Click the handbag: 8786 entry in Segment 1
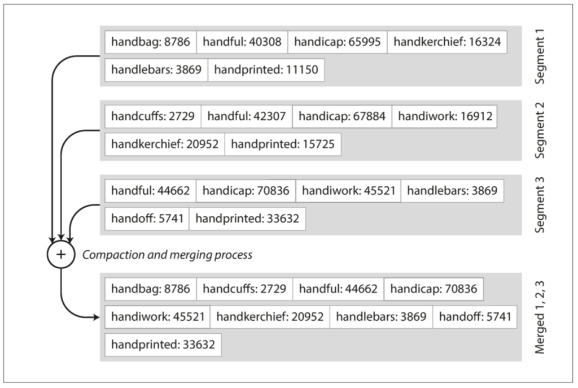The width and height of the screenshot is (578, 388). tap(150, 42)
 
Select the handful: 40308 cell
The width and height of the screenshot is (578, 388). tap(242, 42)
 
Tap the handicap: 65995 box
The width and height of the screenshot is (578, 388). tap(338, 42)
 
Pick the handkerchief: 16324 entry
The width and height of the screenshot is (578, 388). tap(447, 42)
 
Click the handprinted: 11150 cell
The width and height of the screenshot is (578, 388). tap(266, 69)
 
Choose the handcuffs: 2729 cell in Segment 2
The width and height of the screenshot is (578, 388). tap(153, 116)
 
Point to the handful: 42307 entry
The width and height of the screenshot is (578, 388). tap(247, 116)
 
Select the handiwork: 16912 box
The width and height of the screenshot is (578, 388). tap(445, 116)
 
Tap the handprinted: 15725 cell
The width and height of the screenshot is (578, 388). tap(283, 144)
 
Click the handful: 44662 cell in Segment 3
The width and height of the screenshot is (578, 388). tap(150, 191)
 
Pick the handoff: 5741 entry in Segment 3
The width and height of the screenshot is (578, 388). tap(147, 219)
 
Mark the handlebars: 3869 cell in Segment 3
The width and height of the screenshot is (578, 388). tap(452, 191)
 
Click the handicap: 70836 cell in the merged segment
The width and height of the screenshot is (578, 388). tap(434, 289)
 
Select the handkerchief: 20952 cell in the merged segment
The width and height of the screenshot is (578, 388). tap(270, 317)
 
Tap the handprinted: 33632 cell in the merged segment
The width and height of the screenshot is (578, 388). tap(163, 345)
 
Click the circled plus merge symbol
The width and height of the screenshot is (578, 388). tap(61, 255)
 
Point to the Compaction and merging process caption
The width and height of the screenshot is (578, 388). tap(167, 255)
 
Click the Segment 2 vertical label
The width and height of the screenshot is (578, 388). tap(539, 130)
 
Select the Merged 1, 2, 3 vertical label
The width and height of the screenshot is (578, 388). tap(539, 317)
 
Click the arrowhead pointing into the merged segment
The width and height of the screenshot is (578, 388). tap(97, 317)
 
